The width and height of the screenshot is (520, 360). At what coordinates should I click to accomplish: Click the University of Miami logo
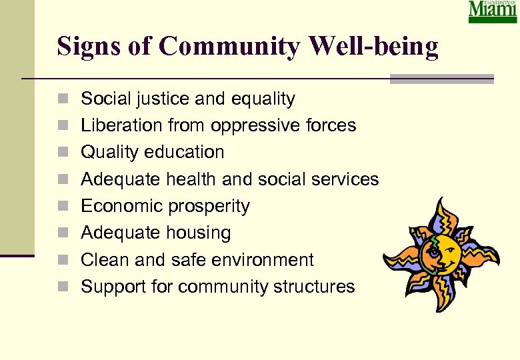click(x=493, y=11)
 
